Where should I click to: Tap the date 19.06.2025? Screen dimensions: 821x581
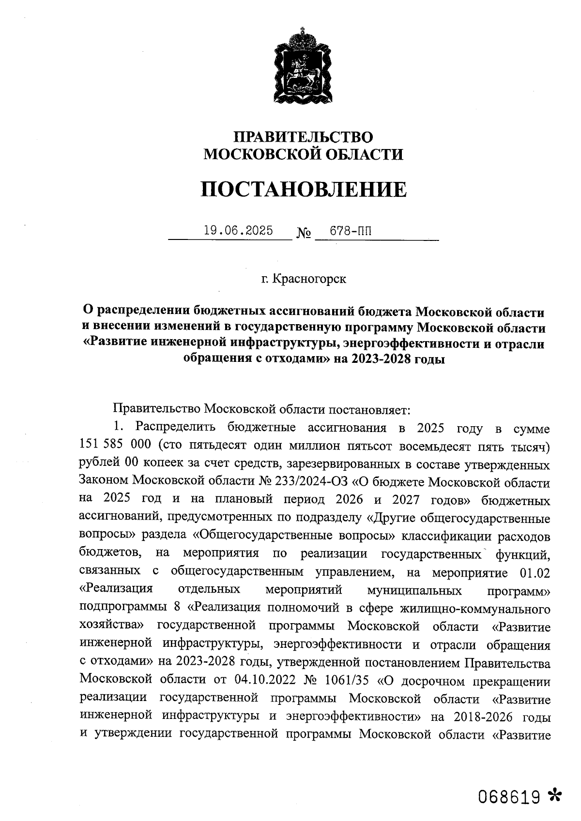coord(238,230)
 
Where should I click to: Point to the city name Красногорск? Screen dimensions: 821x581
coord(310,279)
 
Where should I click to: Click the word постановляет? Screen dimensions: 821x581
coord(368,410)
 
